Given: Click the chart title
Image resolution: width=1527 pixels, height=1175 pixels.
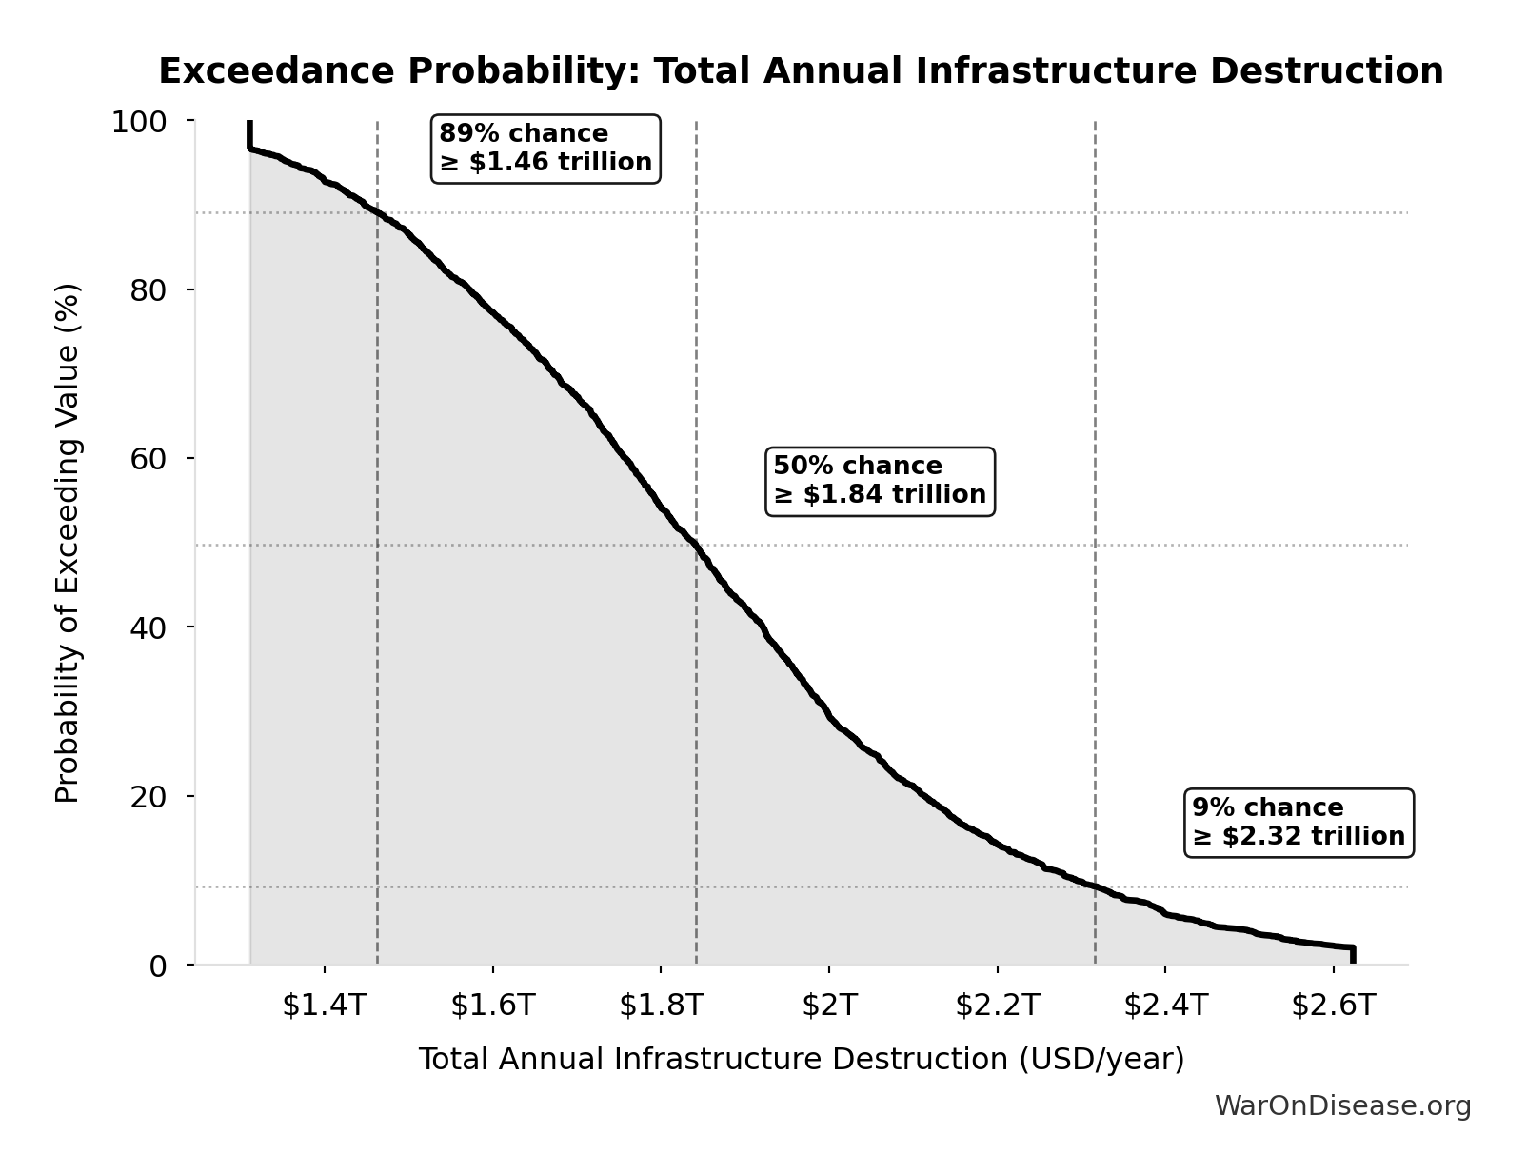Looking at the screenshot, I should coord(801,71).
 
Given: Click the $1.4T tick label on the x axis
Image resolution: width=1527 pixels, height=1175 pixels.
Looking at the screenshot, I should coord(325,1005).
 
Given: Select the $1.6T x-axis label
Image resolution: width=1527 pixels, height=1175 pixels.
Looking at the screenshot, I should coord(492,1005).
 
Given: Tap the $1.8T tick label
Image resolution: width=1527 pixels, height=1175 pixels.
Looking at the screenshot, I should coord(661,1005).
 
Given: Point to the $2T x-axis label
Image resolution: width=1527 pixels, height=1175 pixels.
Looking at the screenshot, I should coord(829,1005).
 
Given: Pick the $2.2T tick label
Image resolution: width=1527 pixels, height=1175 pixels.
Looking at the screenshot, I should coord(997,1005).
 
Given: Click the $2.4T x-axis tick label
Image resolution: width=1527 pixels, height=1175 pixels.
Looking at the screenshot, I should coord(1165,1005).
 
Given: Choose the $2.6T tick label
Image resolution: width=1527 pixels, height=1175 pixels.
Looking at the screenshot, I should coord(1333,1005).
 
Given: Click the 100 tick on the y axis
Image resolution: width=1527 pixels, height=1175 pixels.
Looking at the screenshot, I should coord(139,122).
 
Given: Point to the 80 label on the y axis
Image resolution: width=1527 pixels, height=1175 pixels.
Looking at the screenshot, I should coord(149,289).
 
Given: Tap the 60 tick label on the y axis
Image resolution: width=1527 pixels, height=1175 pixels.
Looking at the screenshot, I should coord(149,458).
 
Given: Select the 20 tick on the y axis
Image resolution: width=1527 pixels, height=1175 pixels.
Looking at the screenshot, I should coord(149,796).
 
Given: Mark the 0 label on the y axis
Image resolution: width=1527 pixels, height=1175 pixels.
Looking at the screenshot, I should coord(158,966).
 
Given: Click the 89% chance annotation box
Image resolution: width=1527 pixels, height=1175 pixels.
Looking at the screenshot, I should coord(545,149).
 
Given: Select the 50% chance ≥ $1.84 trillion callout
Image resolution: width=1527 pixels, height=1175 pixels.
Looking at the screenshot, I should coord(880,481).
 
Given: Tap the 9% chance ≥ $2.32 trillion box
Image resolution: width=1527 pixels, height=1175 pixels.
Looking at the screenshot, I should coord(1299,823).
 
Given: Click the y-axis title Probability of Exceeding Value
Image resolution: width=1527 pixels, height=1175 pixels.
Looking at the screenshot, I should coord(68,543).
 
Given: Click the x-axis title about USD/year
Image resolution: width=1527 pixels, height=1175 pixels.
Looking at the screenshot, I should coord(801,1060).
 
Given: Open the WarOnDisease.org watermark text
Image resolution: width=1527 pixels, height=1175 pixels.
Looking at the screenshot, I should coord(1342,1105).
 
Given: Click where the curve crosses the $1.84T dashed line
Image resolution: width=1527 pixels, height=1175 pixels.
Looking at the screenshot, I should coord(696,546).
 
